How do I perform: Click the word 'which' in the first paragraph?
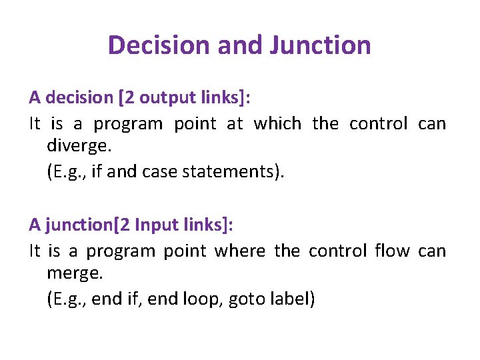coord(277,124)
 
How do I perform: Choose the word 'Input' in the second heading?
coord(156,225)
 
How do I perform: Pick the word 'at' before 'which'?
coord(235,124)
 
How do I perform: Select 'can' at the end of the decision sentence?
coord(432,124)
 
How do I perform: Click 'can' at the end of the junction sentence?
coord(432,251)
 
